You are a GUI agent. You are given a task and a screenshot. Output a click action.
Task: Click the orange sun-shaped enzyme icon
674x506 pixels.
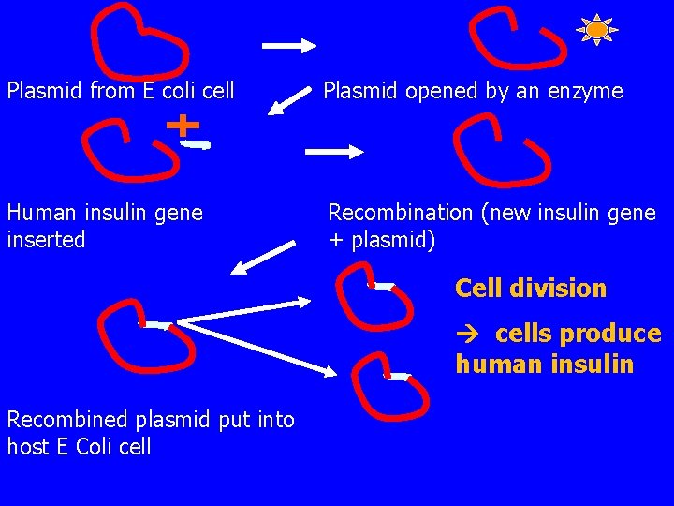(x=596, y=30)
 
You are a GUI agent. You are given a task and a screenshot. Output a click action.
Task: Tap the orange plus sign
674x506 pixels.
(x=183, y=124)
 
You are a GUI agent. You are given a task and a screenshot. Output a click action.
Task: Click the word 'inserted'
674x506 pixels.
(x=46, y=240)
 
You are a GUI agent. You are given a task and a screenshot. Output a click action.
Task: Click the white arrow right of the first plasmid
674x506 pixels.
(x=291, y=44)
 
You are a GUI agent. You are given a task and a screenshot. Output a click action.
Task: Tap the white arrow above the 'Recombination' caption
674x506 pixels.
(x=338, y=150)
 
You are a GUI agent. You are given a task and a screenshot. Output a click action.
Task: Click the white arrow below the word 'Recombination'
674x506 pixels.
(x=262, y=257)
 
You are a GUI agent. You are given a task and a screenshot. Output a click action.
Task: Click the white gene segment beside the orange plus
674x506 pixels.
(x=198, y=145)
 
